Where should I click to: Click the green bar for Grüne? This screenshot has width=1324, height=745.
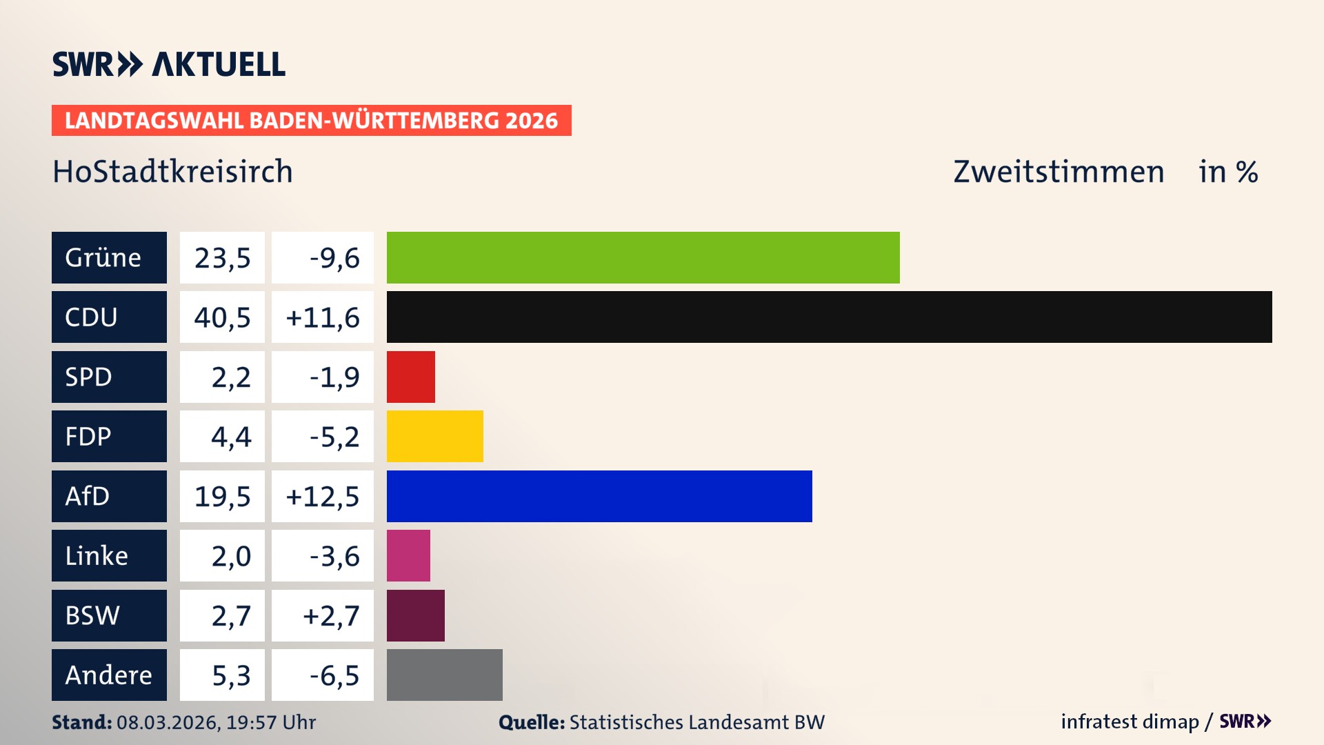[x=643, y=257]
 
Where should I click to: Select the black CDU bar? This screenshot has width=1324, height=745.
[x=829, y=317]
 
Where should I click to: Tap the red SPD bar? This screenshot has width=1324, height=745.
[x=410, y=377]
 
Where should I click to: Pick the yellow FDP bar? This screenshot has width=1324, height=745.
[x=434, y=436]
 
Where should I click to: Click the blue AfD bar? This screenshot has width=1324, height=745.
[x=599, y=496]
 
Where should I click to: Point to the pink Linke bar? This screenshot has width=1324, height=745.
[x=408, y=555]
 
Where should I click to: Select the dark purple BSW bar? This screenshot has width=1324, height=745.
[x=415, y=615]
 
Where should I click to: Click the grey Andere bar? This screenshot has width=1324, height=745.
[x=444, y=675]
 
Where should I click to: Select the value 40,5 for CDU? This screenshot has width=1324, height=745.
[x=222, y=317]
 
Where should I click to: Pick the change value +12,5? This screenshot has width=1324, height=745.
[x=322, y=497]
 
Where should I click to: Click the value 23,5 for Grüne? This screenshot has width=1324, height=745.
[x=222, y=258]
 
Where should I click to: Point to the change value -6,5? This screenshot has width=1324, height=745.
[x=334, y=675]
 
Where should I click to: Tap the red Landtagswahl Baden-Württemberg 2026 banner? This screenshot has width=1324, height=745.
[x=311, y=120]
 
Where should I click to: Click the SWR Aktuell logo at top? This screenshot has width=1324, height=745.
[x=169, y=64]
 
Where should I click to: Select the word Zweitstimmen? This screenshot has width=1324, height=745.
[x=1059, y=171]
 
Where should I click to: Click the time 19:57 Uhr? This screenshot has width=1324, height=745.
[x=271, y=722]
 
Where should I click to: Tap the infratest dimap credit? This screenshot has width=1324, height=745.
[x=1130, y=722]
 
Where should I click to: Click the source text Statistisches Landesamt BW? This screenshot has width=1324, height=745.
[x=696, y=722]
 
